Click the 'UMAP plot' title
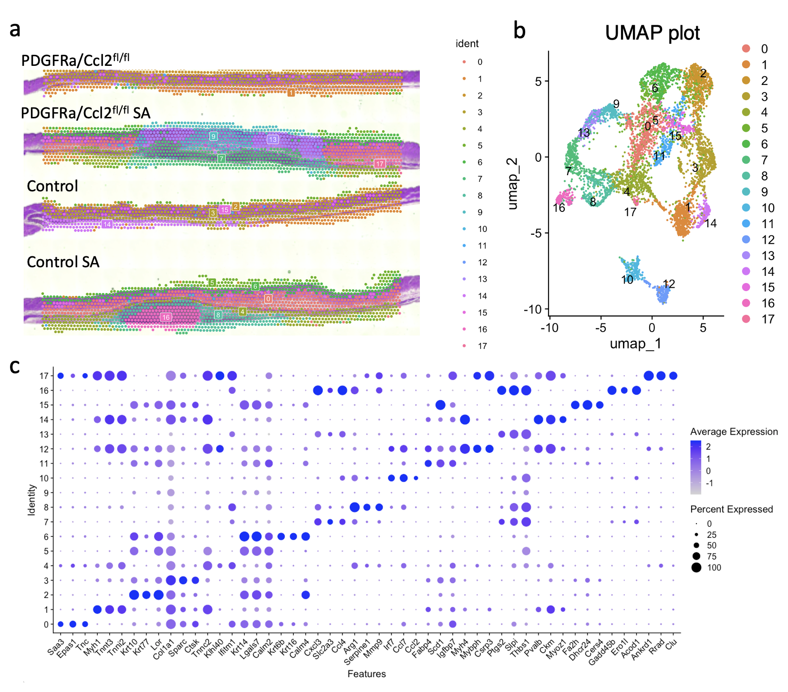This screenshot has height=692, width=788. point(652,33)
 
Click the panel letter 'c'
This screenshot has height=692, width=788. point(15,367)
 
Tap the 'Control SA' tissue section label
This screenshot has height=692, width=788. point(63,262)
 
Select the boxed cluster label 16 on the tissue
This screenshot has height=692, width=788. point(166,317)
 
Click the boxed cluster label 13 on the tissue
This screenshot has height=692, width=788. point(272,139)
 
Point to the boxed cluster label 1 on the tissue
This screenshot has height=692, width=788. point(291,92)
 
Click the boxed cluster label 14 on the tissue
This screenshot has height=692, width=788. point(107,224)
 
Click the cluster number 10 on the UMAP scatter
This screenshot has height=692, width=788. point(627,280)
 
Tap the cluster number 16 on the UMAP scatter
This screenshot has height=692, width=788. point(559,208)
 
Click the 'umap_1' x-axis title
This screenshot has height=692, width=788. point(635,344)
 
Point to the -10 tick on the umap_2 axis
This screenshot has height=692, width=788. point(532,309)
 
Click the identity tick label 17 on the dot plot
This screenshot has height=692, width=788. point(44,376)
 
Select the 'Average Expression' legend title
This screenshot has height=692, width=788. point(734,431)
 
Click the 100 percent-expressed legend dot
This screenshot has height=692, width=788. point(697,567)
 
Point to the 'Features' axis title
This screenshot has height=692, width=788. point(366,674)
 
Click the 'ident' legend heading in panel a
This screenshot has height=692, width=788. point(467,44)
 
